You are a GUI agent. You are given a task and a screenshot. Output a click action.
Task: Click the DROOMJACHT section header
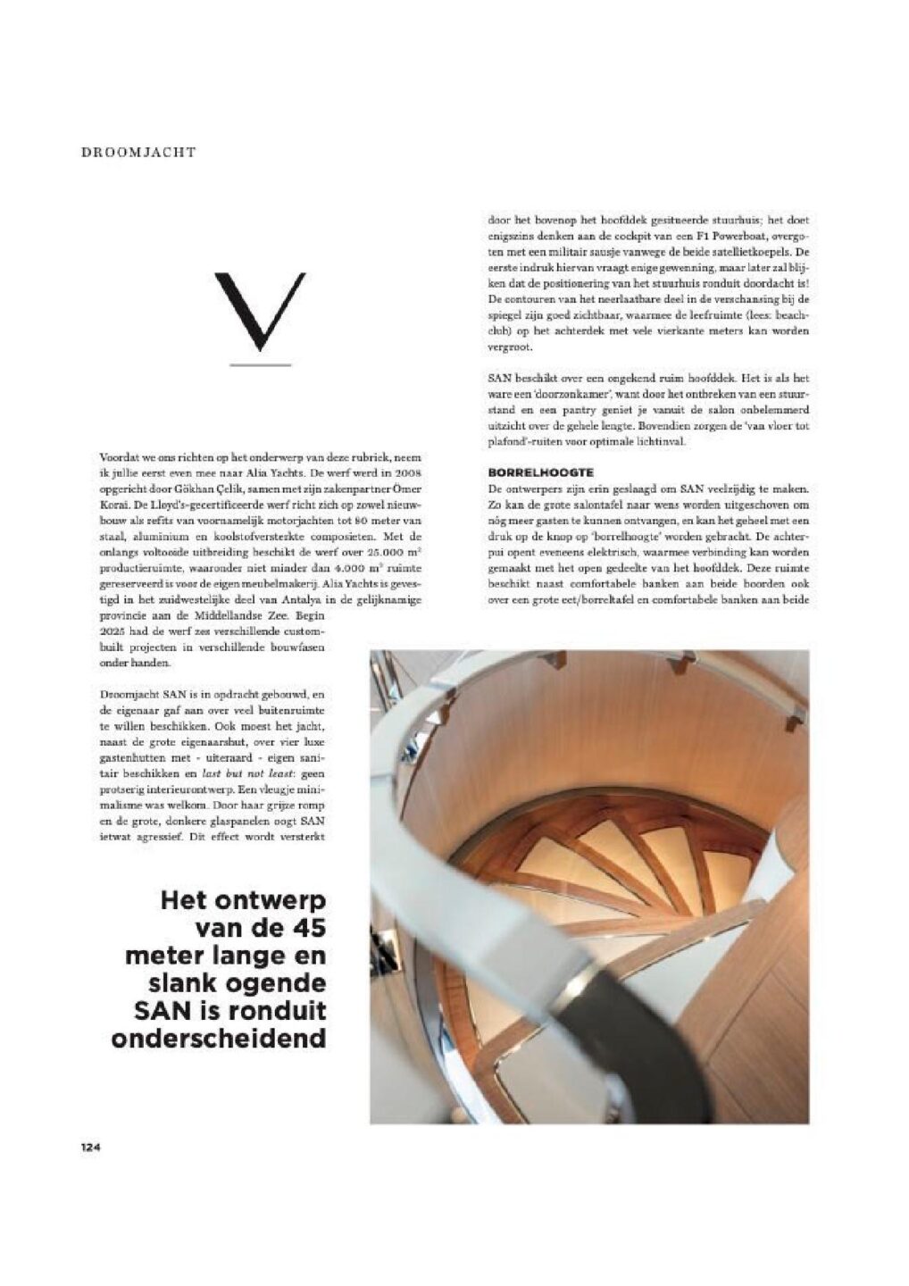point(138,153)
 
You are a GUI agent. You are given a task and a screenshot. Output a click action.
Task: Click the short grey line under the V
point(260,364)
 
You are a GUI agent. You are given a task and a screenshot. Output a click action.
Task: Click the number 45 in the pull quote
point(302,928)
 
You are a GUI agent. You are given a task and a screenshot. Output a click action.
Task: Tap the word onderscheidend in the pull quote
point(218,1040)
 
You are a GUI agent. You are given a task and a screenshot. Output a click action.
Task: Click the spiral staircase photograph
point(589,884)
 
